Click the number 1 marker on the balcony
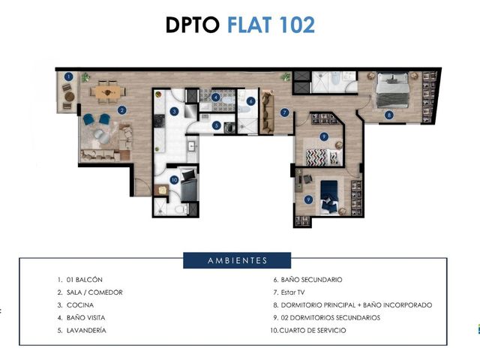click(69, 76)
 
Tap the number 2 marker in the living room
click(121, 110)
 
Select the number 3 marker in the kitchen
click(174, 111)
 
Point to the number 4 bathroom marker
click(216, 97)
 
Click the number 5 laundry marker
click(217, 125)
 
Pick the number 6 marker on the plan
click(250, 101)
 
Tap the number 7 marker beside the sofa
click(285, 112)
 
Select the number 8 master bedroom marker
click(389, 115)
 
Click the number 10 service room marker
click(174, 180)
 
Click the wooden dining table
click(108, 91)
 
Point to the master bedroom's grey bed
click(393, 90)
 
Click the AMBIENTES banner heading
click(237, 260)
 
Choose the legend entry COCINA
click(80, 305)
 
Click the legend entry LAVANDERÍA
click(86, 331)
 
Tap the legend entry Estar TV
click(292, 292)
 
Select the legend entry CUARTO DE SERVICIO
click(313, 331)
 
